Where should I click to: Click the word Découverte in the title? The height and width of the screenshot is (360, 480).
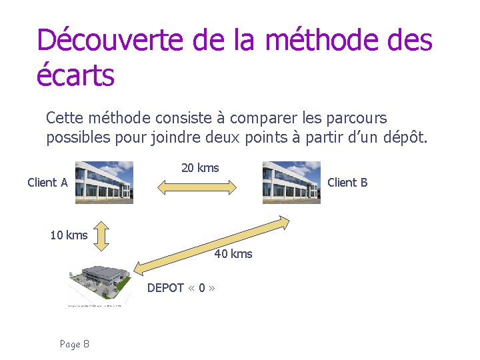110,40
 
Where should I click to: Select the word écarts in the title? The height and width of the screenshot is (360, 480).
75,75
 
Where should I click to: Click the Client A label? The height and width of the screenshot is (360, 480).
47,183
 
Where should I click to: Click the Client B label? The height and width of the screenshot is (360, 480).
347,183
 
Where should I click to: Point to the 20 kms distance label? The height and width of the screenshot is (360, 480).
200,168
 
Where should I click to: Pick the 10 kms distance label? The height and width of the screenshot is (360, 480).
69,235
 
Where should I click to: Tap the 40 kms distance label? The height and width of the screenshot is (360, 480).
233,254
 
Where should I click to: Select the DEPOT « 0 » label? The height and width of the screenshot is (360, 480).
181,288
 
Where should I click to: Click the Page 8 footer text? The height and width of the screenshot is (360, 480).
75,344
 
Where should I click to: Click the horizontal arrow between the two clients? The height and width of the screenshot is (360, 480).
197,189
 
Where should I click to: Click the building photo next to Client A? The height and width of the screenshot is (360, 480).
104,182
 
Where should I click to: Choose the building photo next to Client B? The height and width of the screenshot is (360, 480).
291,182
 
